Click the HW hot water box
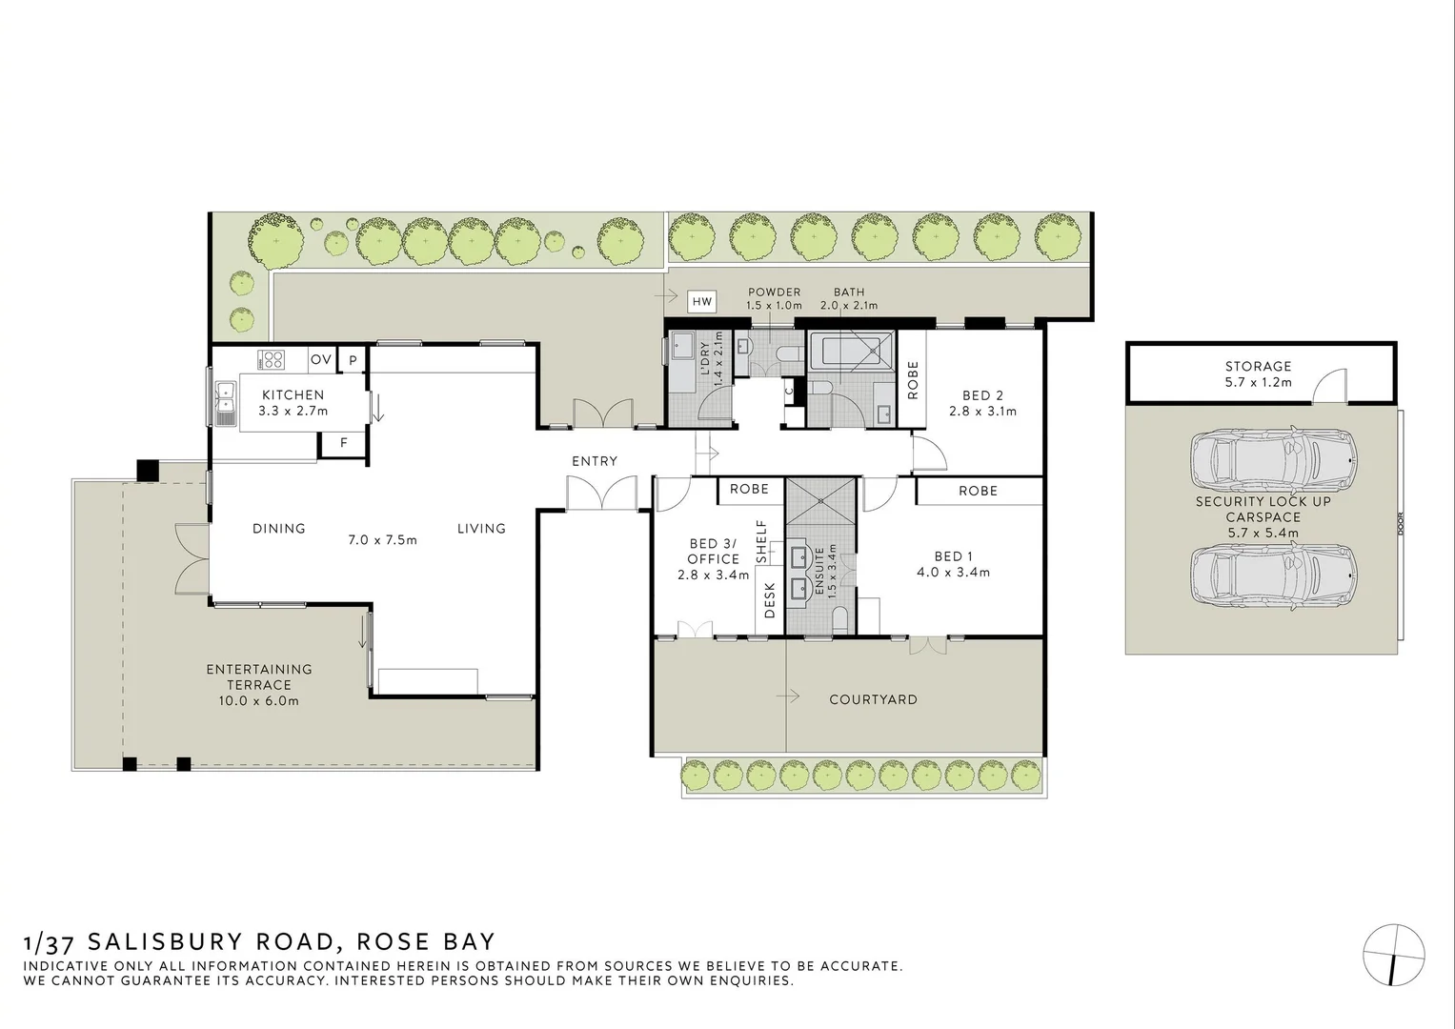click(x=702, y=302)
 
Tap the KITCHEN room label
click(x=293, y=394)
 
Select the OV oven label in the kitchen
click(x=321, y=359)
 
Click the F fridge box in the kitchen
click(x=344, y=443)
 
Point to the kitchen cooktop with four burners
click(x=273, y=359)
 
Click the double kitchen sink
click(x=226, y=402)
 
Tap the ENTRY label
click(x=595, y=461)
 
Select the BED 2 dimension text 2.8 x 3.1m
click(x=982, y=412)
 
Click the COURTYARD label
click(x=873, y=699)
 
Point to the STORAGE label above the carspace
click(x=1258, y=366)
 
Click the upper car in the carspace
click(x=1272, y=457)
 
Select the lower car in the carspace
click(x=1272, y=576)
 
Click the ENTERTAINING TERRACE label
click(x=259, y=676)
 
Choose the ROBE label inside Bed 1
click(x=978, y=491)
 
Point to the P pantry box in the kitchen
click(x=353, y=360)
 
